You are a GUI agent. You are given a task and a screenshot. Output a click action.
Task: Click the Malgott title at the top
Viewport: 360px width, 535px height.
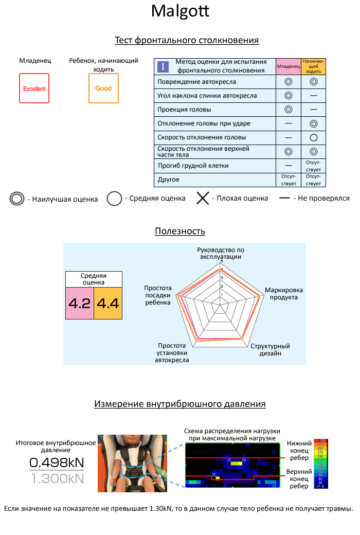click(x=180, y=11)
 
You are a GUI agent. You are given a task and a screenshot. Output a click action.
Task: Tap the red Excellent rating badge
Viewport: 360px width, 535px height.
click(x=34, y=88)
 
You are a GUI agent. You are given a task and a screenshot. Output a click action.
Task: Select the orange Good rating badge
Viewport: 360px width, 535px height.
click(x=103, y=88)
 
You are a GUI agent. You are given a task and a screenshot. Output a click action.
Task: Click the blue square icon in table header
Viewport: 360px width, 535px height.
click(x=163, y=66)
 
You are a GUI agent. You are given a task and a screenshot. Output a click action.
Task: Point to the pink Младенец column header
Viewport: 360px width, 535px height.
click(x=288, y=66)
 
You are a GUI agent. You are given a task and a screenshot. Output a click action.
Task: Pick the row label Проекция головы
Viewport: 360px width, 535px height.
click(x=184, y=110)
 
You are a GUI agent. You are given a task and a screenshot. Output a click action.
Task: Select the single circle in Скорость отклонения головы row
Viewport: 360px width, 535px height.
click(x=313, y=137)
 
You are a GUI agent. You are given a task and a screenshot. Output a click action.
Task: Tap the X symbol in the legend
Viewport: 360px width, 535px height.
click(x=203, y=198)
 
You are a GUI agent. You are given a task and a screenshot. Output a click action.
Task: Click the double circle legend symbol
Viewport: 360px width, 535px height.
click(x=17, y=199)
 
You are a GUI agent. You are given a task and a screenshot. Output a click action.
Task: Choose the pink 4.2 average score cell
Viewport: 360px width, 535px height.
click(x=79, y=303)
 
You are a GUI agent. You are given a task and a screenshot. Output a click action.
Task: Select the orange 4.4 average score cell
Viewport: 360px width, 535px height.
click(x=108, y=303)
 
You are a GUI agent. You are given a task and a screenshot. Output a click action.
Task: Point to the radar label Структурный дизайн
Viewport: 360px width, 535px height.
click(x=269, y=350)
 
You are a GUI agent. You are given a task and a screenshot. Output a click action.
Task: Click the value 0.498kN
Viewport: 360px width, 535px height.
click(x=56, y=462)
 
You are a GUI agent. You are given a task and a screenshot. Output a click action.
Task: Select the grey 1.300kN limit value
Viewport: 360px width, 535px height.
click(x=56, y=478)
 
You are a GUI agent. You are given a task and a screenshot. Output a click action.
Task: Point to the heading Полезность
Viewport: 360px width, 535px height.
click(x=180, y=231)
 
